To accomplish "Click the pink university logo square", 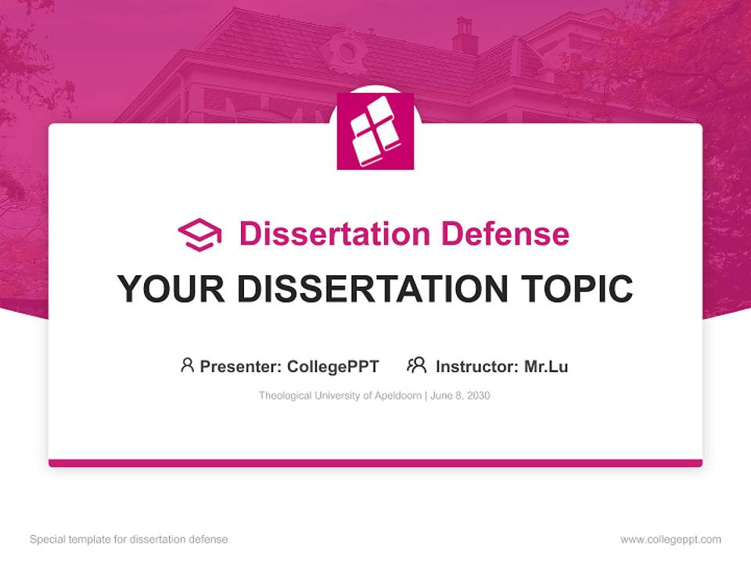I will (x=375, y=131).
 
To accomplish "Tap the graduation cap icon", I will (x=199, y=234).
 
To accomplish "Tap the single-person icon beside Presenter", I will (x=187, y=365).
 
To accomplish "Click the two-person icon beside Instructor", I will (x=416, y=365).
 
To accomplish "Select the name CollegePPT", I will (x=332, y=367).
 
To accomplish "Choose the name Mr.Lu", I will (x=546, y=367).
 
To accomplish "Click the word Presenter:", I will (x=241, y=367).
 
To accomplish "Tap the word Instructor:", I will (x=476, y=367).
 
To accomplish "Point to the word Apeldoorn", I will (x=397, y=396).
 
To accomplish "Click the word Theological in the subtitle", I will (x=286, y=396).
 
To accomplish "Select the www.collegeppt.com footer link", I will (x=670, y=540).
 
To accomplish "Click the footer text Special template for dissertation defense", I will (x=128, y=540).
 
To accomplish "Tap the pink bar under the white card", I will (x=375, y=463).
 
